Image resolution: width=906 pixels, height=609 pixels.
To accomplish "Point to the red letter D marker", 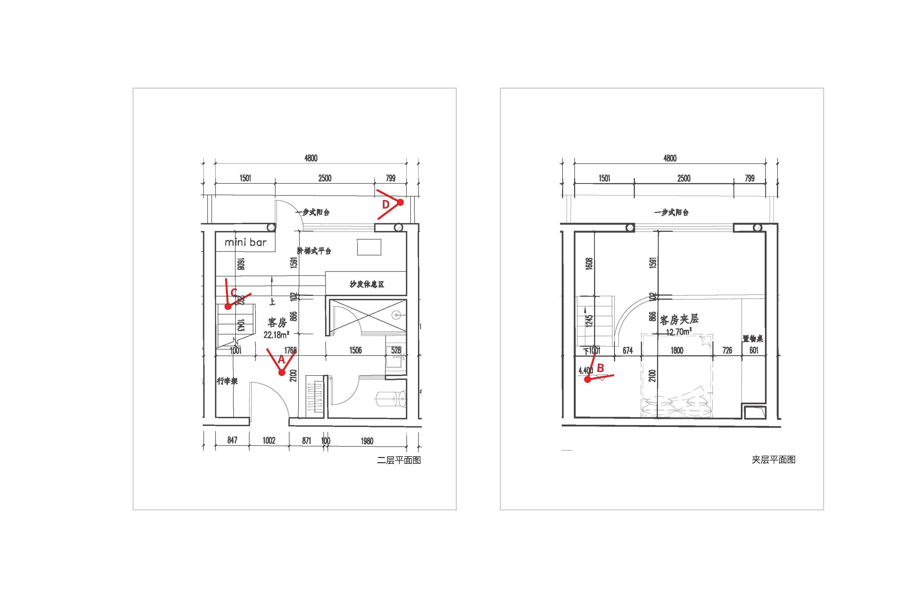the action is [386, 204].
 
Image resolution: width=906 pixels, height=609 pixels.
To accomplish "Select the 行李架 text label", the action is [227, 381].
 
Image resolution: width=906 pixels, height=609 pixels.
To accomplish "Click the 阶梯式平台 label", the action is [314, 251].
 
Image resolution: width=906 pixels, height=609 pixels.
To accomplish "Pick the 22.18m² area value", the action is [276, 334].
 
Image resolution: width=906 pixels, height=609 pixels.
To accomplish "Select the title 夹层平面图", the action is [773, 460].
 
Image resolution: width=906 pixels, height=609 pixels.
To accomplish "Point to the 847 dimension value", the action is [232, 440].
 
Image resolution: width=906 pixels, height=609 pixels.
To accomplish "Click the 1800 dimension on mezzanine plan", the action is [677, 350].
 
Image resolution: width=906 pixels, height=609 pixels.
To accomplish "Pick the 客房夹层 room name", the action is [679, 319].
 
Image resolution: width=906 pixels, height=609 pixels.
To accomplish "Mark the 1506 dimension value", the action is [355, 350].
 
